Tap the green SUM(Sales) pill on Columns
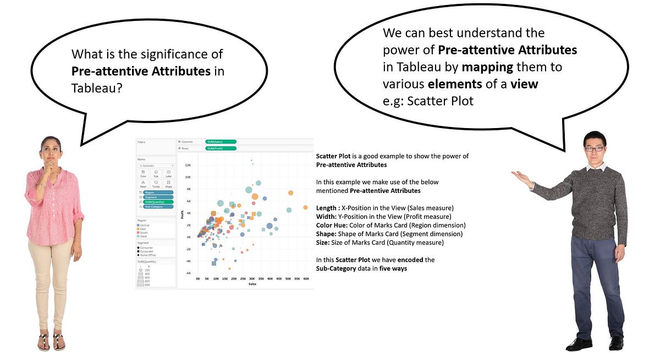coord(220,141)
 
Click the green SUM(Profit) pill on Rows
coord(220,148)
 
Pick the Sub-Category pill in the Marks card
coord(158,207)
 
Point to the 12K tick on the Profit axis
coord(187,165)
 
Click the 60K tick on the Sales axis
coord(306,279)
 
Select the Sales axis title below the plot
coord(252,284)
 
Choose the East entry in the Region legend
coord(144,229)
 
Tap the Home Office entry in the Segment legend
coord(148,255)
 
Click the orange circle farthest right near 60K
coord(305,207)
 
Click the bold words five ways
coord(393,268)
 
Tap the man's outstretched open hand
coord(520,178)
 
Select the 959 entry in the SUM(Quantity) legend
coord(148,285)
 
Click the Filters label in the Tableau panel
coord(141,142)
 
